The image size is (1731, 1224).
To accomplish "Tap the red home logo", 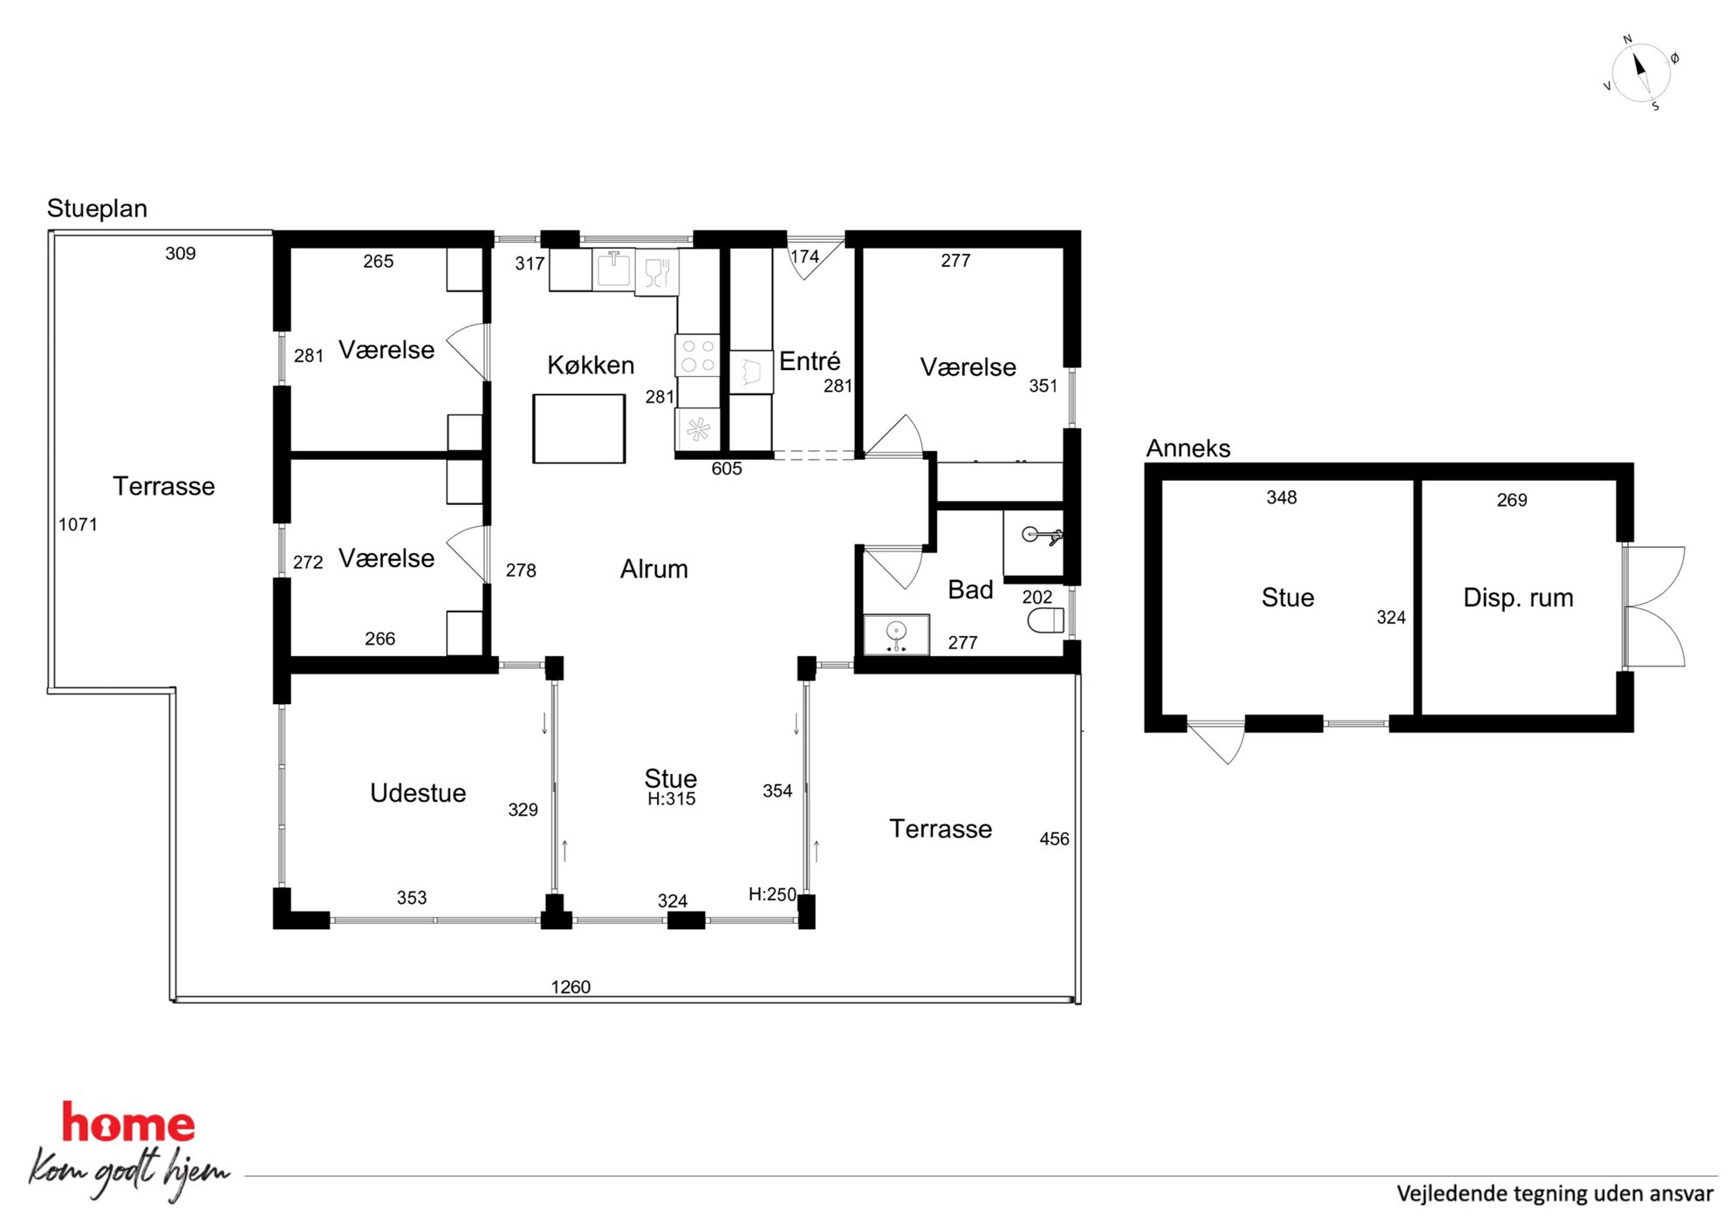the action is click(x=128, y=1124).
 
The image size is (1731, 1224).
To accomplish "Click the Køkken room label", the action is click(x=591, y=365).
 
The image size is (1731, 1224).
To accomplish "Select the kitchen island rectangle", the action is click(x=579, y=428).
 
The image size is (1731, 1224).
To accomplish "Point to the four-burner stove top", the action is click(x=698, y=356).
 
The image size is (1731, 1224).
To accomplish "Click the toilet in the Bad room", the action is click(x=1046, y=620).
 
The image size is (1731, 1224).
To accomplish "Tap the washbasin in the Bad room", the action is click(x=896, y=634).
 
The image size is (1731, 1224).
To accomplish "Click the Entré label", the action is click(x=810, y=361).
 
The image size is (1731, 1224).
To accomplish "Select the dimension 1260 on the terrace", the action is click(x=571, y=987).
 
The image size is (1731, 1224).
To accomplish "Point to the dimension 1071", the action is click(x=78, y=524).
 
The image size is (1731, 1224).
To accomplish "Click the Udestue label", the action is click(x=418, y=792).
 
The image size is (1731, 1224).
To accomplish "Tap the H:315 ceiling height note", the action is click(x=672, y=798).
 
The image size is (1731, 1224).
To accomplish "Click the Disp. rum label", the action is click(x=1518, y=598).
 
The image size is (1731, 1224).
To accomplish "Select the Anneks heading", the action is click(x=1188, y=448).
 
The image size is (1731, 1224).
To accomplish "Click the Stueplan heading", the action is click(x=97, y=209).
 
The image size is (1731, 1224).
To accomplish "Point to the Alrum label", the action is click(x=654, y=569).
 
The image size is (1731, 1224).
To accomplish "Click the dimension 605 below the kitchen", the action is click(x=727, y=468).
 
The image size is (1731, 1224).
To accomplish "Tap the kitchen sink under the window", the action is click(x=614, y=269).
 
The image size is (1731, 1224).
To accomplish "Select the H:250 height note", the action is click(x=772, y=894).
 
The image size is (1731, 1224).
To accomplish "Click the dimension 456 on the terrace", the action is click(x=1054, y=838).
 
